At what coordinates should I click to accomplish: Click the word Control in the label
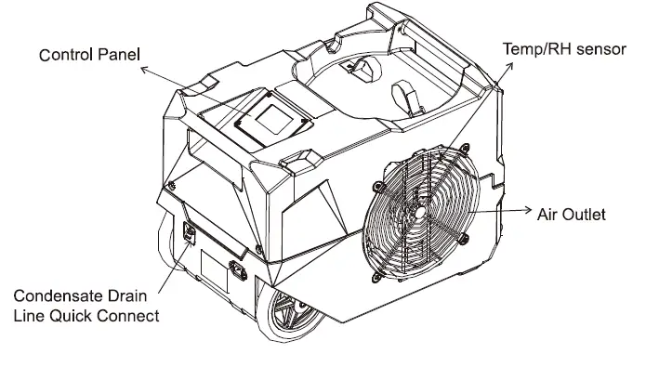point(66,56)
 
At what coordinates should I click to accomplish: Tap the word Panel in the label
point(119,56)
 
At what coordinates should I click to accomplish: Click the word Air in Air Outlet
point(547,215)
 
